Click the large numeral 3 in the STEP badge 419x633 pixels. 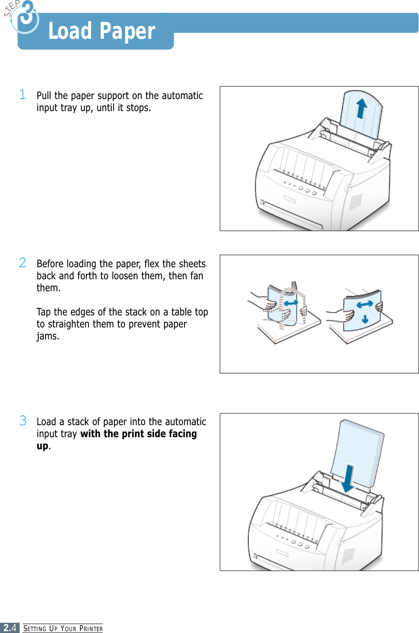[27, 13]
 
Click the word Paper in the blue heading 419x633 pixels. [127, 31]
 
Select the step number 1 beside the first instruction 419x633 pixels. [23, 94]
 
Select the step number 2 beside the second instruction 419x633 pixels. [23, 262]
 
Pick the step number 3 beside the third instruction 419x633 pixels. [23, 420]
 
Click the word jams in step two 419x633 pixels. [47, 336]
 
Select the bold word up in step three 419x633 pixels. [42, 446]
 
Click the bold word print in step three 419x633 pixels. [133, 434]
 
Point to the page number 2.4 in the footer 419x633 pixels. [9, 628]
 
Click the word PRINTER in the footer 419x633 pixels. [91, 629]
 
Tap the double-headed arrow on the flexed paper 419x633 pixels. [291, 303]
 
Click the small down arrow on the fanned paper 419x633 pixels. [365, 319]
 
